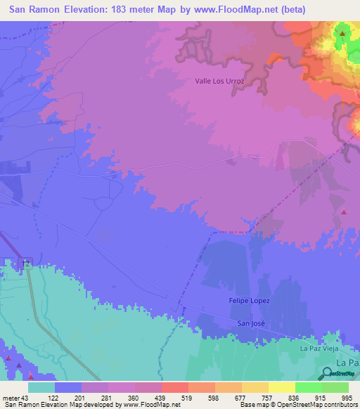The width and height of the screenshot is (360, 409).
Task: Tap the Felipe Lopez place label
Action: point(250,301)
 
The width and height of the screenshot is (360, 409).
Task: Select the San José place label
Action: point(251,323)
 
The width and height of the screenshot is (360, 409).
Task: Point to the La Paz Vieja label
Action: point(320,349)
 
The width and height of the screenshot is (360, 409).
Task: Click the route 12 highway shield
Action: point(27,263)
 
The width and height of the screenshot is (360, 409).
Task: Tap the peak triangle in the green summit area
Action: point(342,33)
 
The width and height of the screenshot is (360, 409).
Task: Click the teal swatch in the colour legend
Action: point(41,387)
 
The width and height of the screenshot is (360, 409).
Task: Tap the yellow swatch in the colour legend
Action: point(255,387)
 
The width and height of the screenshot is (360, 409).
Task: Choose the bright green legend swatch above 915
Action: point(308,387)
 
